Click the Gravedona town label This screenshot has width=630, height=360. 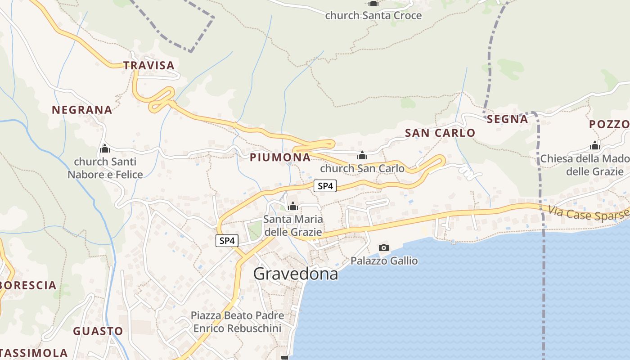[296, 273]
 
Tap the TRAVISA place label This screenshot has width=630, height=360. [149, 65]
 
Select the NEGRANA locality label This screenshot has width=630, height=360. [82, 110]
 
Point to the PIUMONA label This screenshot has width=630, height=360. [280, 157]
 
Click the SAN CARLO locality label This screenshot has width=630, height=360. [440, 133]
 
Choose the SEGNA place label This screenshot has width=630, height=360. [507, 119]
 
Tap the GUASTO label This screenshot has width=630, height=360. [98, 332]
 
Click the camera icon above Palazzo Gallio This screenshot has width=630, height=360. [384, 247]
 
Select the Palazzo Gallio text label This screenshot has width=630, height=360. [384, 261]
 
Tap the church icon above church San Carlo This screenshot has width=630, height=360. [362, 156]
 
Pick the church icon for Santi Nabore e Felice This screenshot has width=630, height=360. [105, 148]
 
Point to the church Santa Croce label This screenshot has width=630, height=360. [373, 15]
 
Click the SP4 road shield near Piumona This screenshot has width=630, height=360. [325, 185]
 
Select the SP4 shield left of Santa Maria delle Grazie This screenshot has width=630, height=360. [226, 241]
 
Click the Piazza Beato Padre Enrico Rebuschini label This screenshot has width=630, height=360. [237, 322]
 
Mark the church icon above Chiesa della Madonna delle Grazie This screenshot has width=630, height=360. [595, 146]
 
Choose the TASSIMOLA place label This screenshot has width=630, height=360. [34, 353]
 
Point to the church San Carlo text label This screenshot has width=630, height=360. [362, 169]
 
